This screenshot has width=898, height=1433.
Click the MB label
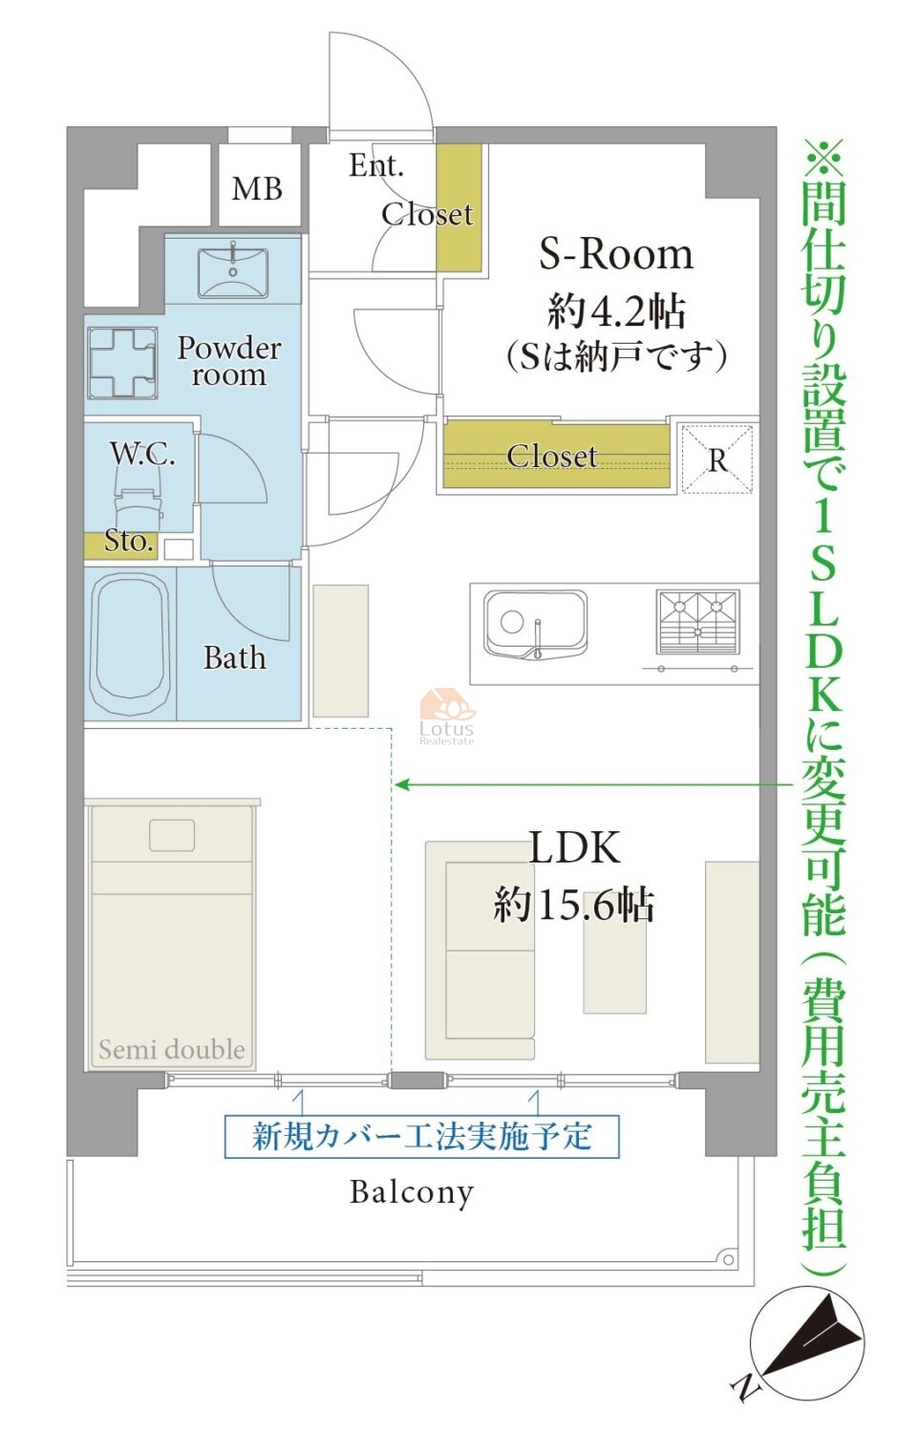click(257, 189)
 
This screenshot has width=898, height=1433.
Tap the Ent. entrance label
click(376, 165)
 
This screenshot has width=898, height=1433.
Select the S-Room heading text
click(616, 255)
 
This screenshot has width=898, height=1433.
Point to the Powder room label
click(229, 361)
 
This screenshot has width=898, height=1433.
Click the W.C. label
click(142, 453)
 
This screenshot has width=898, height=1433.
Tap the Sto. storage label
click(129, 542)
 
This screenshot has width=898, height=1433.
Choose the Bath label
click(235, 657)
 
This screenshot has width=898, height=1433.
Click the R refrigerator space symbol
click(717, 460)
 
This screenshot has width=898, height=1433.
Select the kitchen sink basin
click(535, 624)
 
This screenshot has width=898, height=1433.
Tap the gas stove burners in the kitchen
click(697, 622)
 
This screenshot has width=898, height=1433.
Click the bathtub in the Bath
click(131, 644)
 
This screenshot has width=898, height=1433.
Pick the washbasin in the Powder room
click(233, 273)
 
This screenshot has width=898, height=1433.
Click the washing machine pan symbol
click(122, 363)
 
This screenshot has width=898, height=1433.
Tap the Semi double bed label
click(171, 1050)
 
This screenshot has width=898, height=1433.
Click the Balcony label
click(411, 1192)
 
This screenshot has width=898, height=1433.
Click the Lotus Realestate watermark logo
click(447, 716)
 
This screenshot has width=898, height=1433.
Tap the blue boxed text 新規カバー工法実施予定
click(421, 1136)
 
